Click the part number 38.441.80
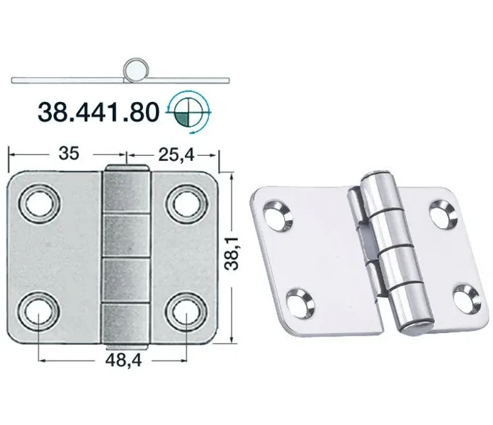tap(98, 112)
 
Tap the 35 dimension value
tap(69, 154)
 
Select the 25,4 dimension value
tap(176, 154)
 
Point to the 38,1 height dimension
tap(232, 254)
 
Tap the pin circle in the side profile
tap(135, 69)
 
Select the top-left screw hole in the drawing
tap(39, 203)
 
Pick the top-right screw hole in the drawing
tap(186, 203)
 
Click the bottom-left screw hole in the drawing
tap(39, 312)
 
